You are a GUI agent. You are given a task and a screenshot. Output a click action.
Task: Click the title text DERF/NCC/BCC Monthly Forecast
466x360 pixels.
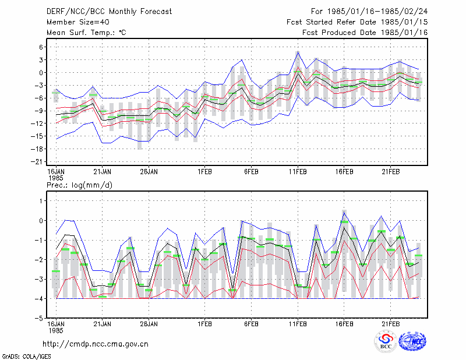[109, 12]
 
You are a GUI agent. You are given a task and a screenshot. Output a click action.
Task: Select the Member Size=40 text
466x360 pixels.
[78, 22]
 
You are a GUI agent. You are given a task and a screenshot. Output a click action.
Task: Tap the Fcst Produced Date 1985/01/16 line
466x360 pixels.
[365, 33]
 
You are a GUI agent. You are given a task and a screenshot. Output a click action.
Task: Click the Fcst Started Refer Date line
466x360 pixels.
[357, 22]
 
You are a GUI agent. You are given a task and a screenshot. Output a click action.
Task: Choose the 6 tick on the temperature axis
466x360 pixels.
[41, 47]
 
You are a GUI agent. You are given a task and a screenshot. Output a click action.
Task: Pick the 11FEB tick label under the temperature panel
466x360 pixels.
[298, 172]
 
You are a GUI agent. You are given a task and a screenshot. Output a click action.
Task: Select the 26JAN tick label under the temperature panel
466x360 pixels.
[149, 172]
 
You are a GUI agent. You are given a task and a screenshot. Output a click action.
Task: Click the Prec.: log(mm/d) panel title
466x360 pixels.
[79, 185]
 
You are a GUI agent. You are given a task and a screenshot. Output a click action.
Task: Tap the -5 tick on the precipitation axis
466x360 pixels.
[39, 318]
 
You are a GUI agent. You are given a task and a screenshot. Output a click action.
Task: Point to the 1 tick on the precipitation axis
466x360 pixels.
[41, 201]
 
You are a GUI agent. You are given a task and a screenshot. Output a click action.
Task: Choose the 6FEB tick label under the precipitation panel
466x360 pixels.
[251, 324]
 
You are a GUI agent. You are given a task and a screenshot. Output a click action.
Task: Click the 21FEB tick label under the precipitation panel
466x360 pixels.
[390, 324]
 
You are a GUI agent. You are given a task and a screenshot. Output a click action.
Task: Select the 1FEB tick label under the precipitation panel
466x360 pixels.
[205, 324]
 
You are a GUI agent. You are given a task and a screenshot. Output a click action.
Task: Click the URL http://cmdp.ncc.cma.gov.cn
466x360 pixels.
[96, 344]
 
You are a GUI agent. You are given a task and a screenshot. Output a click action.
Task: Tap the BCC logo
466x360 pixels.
[386, 341]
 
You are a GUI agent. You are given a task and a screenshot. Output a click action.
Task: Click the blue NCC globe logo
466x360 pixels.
[413, 341]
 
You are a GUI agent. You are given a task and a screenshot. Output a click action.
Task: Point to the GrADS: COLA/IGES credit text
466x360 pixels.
[26, 357]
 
